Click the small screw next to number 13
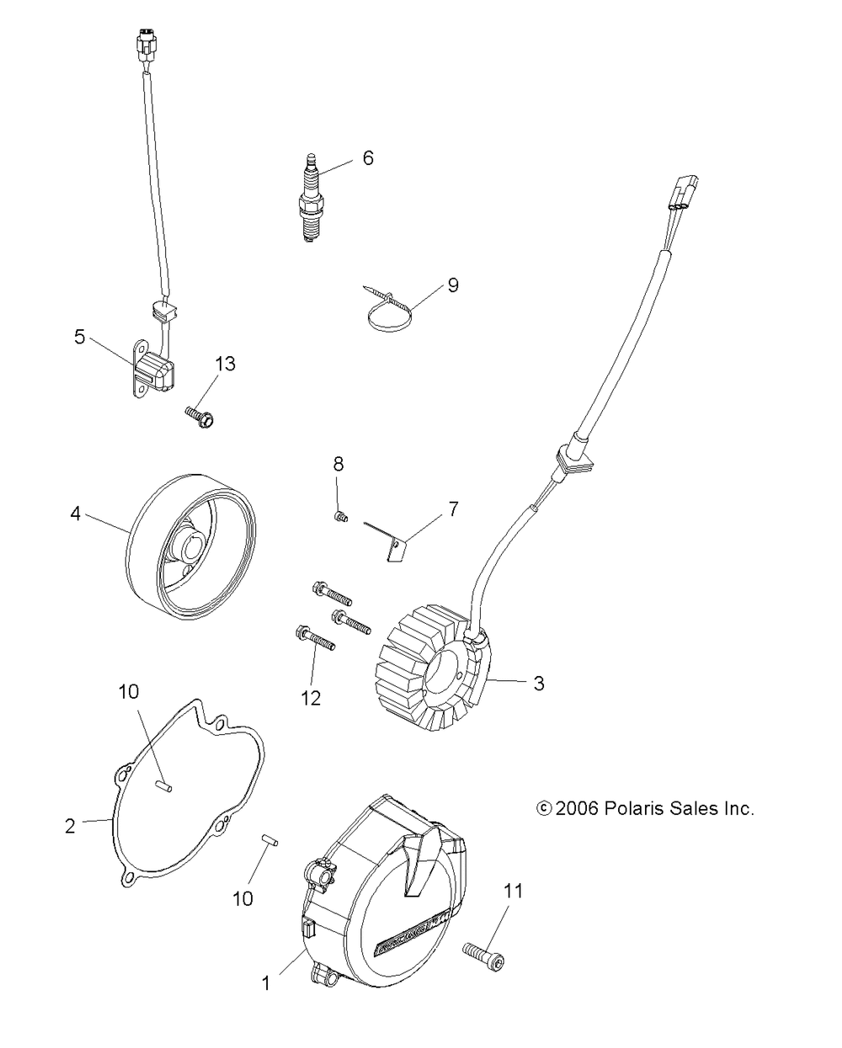(x=199, y=413)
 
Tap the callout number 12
(x=312, y=698)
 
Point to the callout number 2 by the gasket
(x=70, y=826)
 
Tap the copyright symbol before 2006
(x=544, y=808)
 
